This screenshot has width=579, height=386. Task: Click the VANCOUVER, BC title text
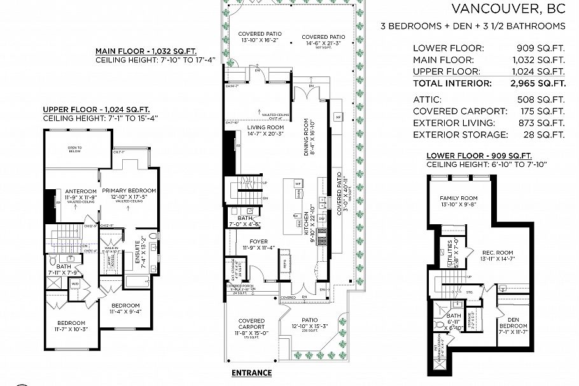tap(508, 9)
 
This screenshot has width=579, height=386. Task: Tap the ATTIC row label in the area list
tap(427, 99)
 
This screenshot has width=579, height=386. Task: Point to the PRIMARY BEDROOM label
tap(129, 190)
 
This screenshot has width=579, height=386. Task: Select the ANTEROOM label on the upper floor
tap(81, 190)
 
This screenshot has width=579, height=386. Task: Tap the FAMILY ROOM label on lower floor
tap(454, 198)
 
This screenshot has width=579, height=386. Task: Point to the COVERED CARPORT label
tap(251, 324)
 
